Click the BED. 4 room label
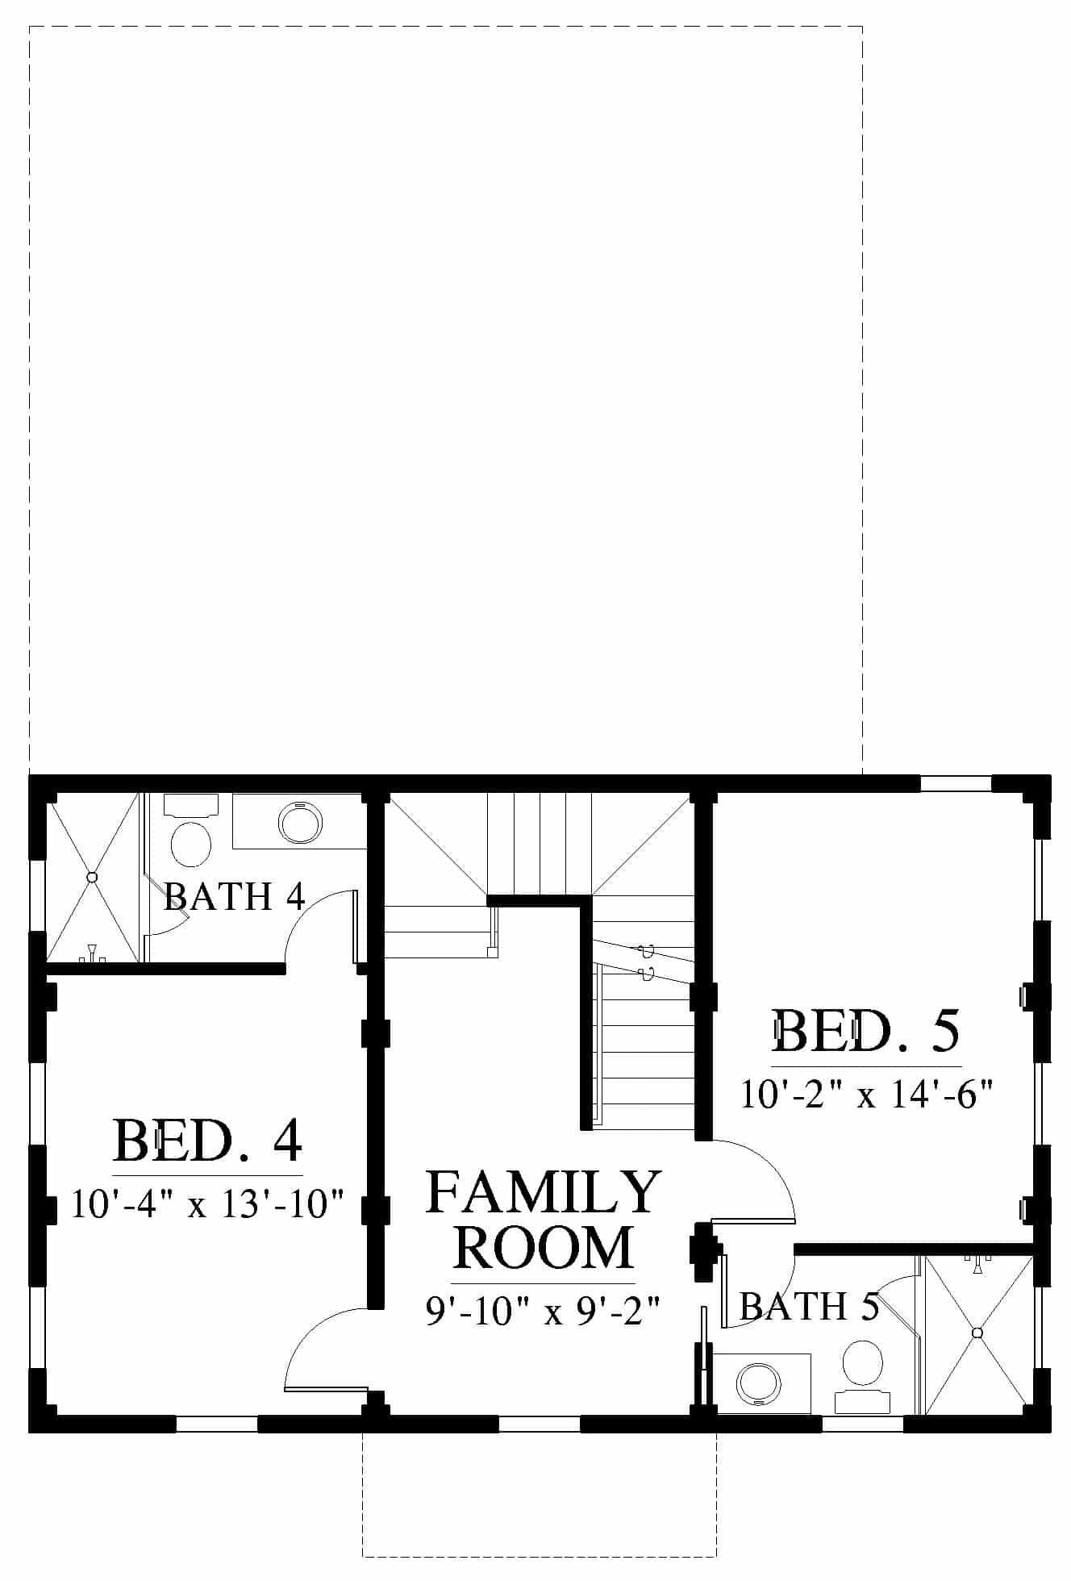pyautogui.click(x=208, y=1140)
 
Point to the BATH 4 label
pyautogui.click(x=235, y=896)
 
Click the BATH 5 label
pyautogui.click(x=809, y=1306)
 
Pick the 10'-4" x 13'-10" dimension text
pyautogui.click(x=208, y=1204)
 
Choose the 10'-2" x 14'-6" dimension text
pyautogui.click(x=866, y=1095)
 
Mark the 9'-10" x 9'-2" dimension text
pyautogui.click(x=544, y=1312)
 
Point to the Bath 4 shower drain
pyautogui.click(x=92, y=877)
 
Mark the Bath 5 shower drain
pyautogui.click(x=978, y=1332)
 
